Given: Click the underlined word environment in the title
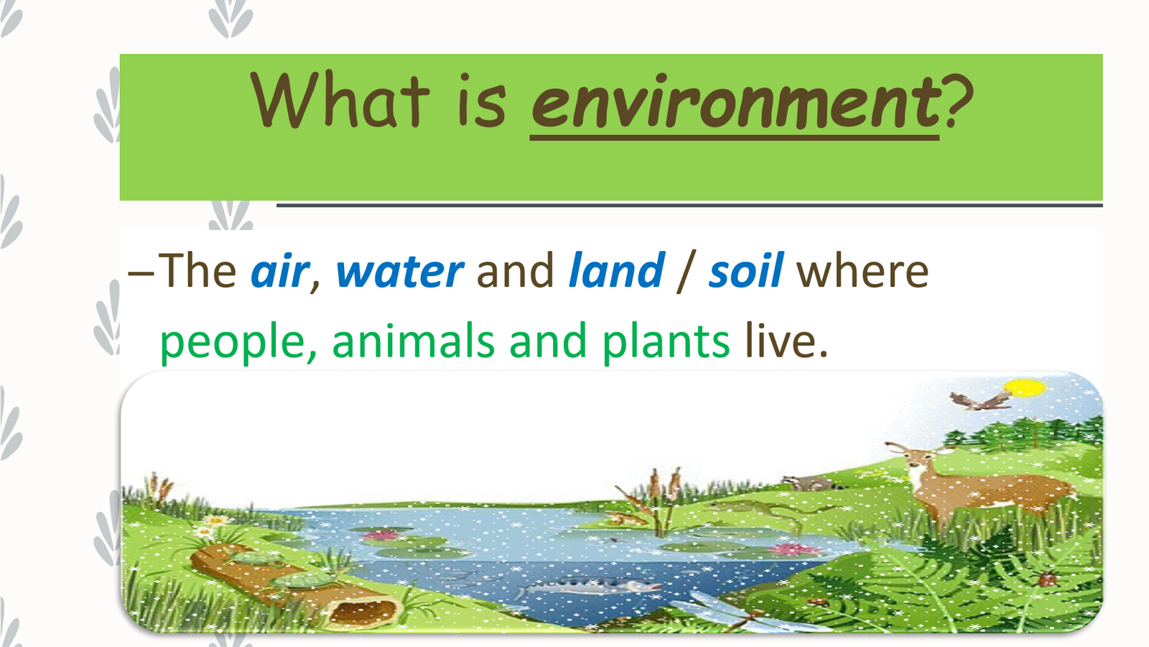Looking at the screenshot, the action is click(x=735, y=102).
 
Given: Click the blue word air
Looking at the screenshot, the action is click(x=280, y=270).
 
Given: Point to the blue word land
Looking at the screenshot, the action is click(x=617, y=270).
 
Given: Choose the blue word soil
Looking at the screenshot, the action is click(x=746, y=270).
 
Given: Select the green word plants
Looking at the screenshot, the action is click(x=666, y=341).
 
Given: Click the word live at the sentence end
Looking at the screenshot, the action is click(x=786, y=340).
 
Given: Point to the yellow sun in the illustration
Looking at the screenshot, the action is click(x=1025, y=387).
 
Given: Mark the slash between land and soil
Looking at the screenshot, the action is click(x=687, y=272).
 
